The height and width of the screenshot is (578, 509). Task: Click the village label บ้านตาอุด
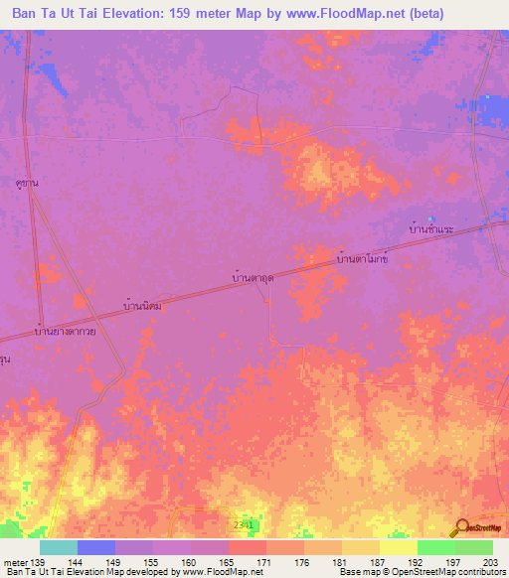click(x=253, y=280)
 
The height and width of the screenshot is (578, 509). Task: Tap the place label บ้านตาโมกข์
click(x=361, y=258)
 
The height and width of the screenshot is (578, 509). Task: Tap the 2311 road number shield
click(x=245, y=522)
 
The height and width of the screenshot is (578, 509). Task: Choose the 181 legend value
click(x=341, y=562)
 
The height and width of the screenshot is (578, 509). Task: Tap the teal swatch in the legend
click(x=59, y=547)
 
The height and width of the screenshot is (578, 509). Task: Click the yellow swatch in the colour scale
click(x=398, y=547)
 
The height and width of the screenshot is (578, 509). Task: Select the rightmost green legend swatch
click(x=474, y=547)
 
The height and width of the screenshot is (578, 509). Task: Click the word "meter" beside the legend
click(x=16, y=562)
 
